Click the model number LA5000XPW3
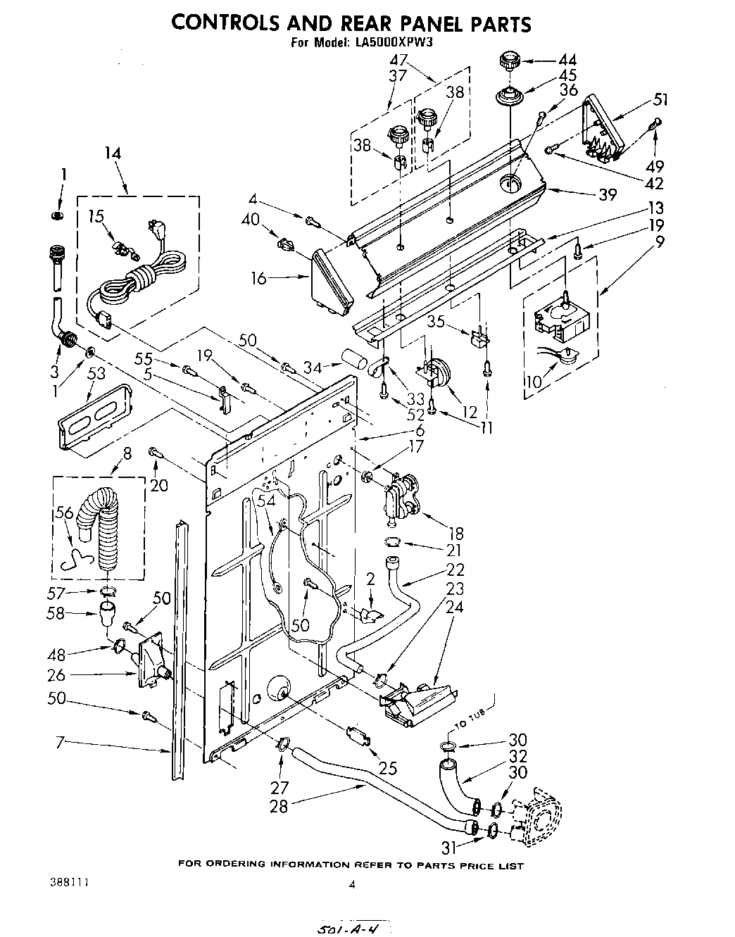tap(391, 42)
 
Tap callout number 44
tap(567, 61)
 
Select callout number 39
tap(608, 194)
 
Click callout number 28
tap(278, 806)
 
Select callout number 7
tap(60, 741)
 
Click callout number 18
tap(456, 535)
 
